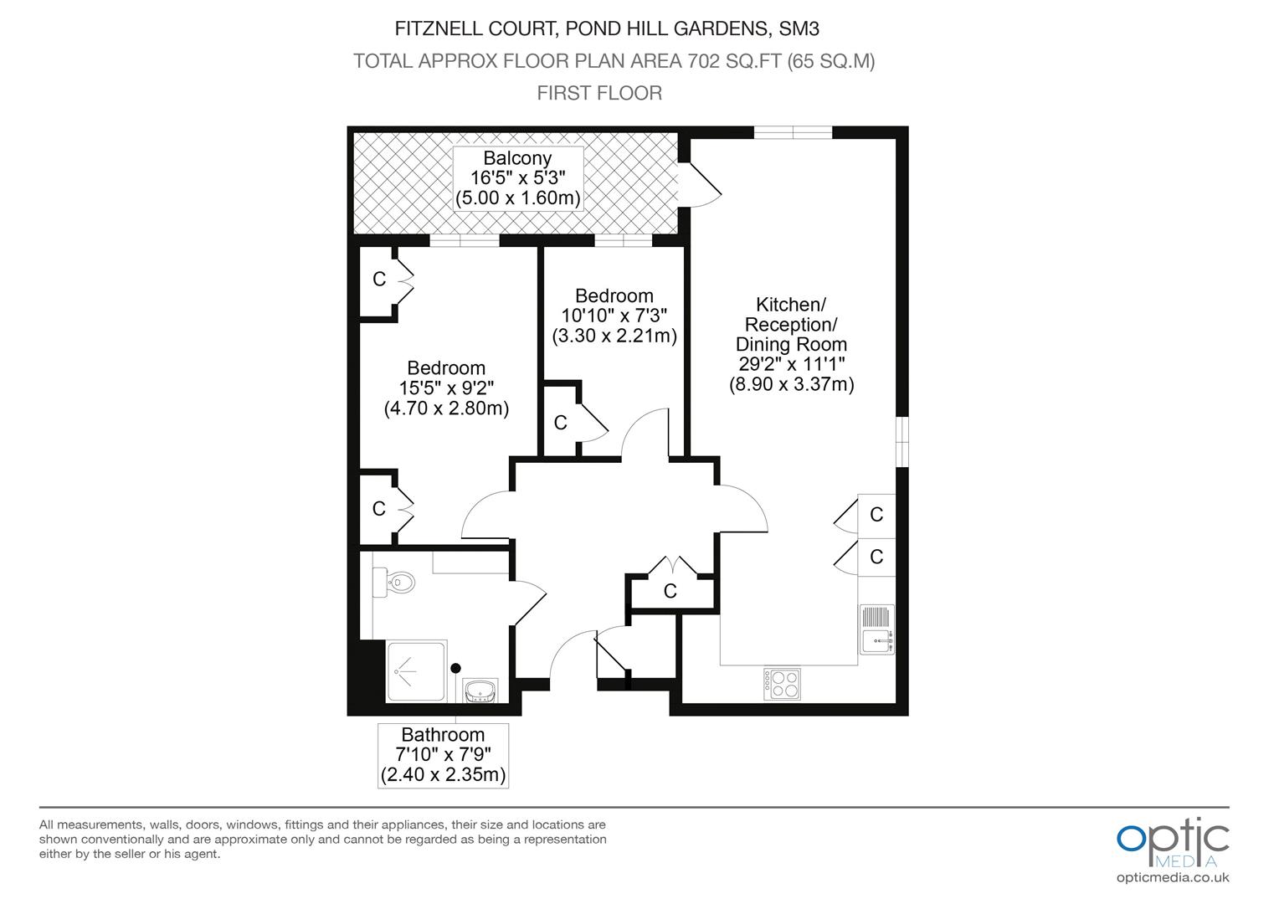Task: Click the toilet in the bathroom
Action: (393, 583)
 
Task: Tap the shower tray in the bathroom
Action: (416, 671)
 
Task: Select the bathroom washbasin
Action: (480, 691)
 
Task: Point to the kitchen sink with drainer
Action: (877, 629)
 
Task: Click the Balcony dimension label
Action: (518, 178)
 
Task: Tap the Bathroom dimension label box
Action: (443, 756)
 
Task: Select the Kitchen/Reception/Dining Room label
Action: (791, 344)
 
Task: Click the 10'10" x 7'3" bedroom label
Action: (614, 316)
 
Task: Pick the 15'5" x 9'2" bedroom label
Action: (446, 388)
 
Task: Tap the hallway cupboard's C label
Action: (670, 591)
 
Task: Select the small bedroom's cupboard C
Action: (561, 423)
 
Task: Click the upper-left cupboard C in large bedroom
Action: (379, 279)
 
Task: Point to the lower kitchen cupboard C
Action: (876, 557)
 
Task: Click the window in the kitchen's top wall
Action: (793, 132)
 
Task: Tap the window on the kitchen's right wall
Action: (901, 442)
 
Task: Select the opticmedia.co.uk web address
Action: (1173, 878)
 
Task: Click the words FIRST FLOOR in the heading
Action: (599, 93)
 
